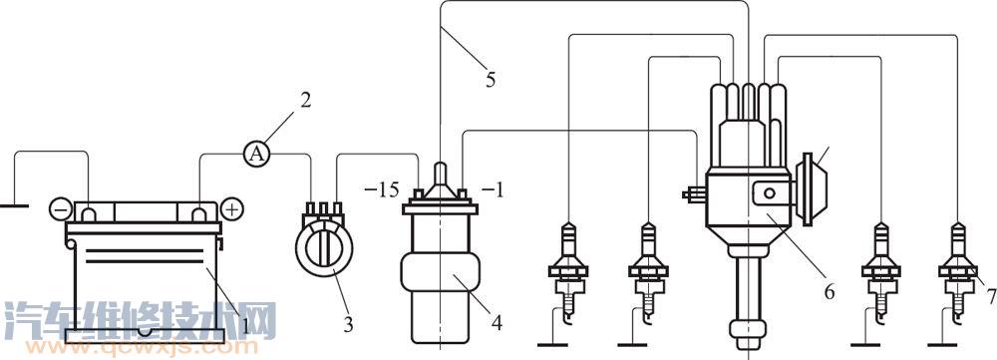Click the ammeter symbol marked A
tap(256, 154)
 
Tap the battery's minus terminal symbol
tap(61, 208)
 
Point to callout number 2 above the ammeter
tap(305, 101)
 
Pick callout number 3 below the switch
tap(348, 326)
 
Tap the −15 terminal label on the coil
tap(382, 189)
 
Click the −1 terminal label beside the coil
tap(493, 189)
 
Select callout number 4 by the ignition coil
tap(497, 323)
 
